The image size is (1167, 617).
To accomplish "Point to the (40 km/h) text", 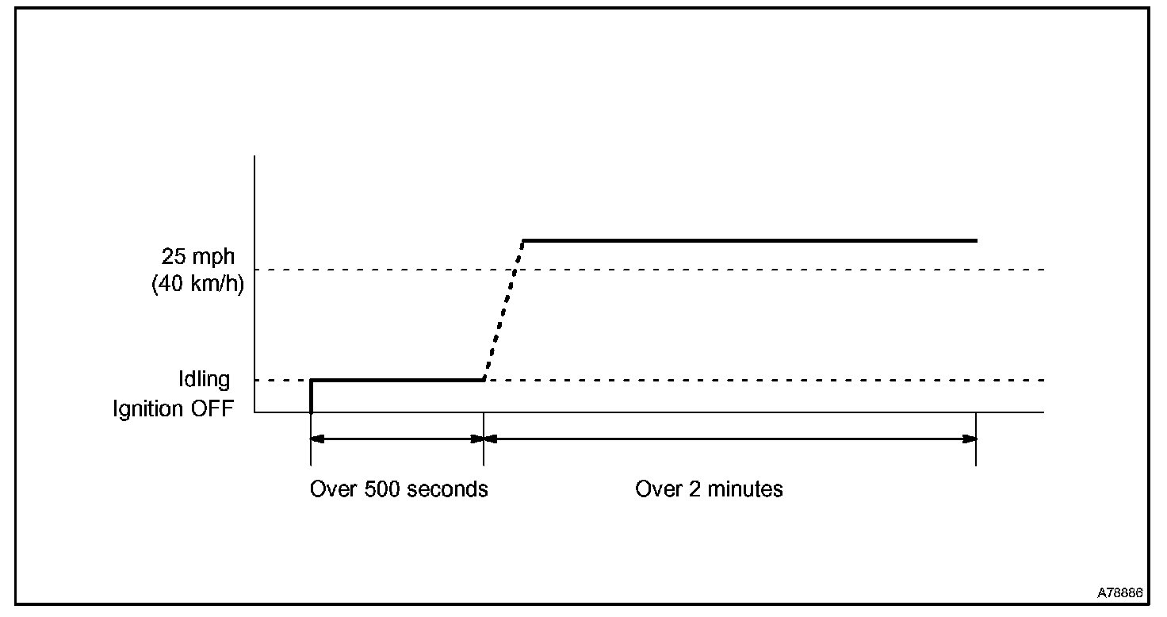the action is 197,283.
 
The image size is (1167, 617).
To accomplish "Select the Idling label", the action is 204,379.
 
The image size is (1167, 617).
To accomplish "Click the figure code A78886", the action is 1119,592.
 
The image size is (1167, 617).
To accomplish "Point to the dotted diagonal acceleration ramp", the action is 503,310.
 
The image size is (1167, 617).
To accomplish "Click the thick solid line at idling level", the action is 396,380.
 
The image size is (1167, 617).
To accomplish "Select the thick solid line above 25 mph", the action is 749,240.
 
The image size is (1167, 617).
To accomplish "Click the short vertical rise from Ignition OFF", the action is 311,397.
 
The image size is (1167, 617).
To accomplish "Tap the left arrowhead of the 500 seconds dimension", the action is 316,439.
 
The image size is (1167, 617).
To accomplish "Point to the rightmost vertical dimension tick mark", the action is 975,444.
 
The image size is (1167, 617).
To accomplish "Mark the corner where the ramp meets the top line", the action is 523,240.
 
